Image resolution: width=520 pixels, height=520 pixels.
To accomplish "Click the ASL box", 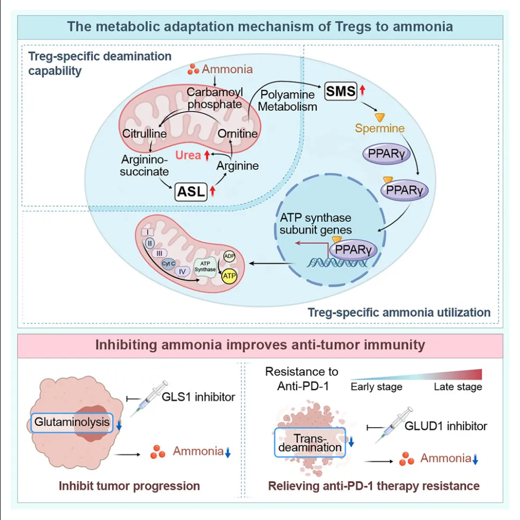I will (191, 191).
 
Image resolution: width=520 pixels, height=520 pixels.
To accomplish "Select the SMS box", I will (341, 91).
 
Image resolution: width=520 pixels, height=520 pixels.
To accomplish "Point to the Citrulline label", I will (143, 133).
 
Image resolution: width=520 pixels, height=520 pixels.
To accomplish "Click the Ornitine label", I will (238, 133).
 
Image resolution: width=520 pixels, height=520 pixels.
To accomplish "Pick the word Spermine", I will (379, 129).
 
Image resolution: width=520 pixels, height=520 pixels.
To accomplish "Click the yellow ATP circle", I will (230, 276).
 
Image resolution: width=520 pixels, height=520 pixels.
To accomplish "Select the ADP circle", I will (230, 256).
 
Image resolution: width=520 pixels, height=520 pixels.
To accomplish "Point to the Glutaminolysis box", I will (72, 422).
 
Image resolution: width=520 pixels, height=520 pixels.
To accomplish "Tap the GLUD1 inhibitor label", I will (446, 427).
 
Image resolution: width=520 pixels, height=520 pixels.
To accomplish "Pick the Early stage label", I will (377, 387).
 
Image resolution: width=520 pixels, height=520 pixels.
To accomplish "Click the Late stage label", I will (457, 387).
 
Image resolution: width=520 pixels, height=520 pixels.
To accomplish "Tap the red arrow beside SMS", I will (363, 91).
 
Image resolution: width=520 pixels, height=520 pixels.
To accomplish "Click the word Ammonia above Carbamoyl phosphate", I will (227, 69).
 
